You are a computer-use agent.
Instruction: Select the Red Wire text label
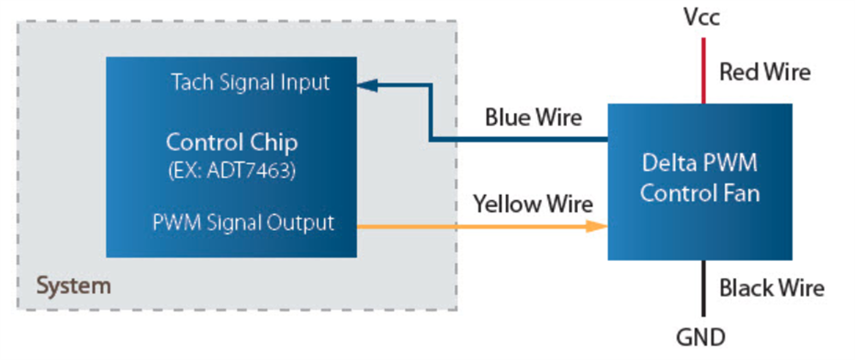click(x=764, y=72)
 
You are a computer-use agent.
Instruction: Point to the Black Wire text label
click(x=771, y=288)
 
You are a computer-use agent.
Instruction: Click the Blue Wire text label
click(x=533, y=117)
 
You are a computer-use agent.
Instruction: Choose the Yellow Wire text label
click(x=534, y=204)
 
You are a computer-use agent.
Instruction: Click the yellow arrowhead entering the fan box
click(x=598, y=227)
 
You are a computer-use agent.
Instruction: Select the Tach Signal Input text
click(x=250, y=83)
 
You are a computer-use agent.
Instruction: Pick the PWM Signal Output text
click(x=244, y=222)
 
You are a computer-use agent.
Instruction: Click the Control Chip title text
click(x=231, y=141)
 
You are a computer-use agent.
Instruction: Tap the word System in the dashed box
click(x=73, y=285)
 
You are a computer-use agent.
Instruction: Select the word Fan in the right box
click(x=740, y=192)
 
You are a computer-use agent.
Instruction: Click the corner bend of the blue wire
click(x=430, y=139)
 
